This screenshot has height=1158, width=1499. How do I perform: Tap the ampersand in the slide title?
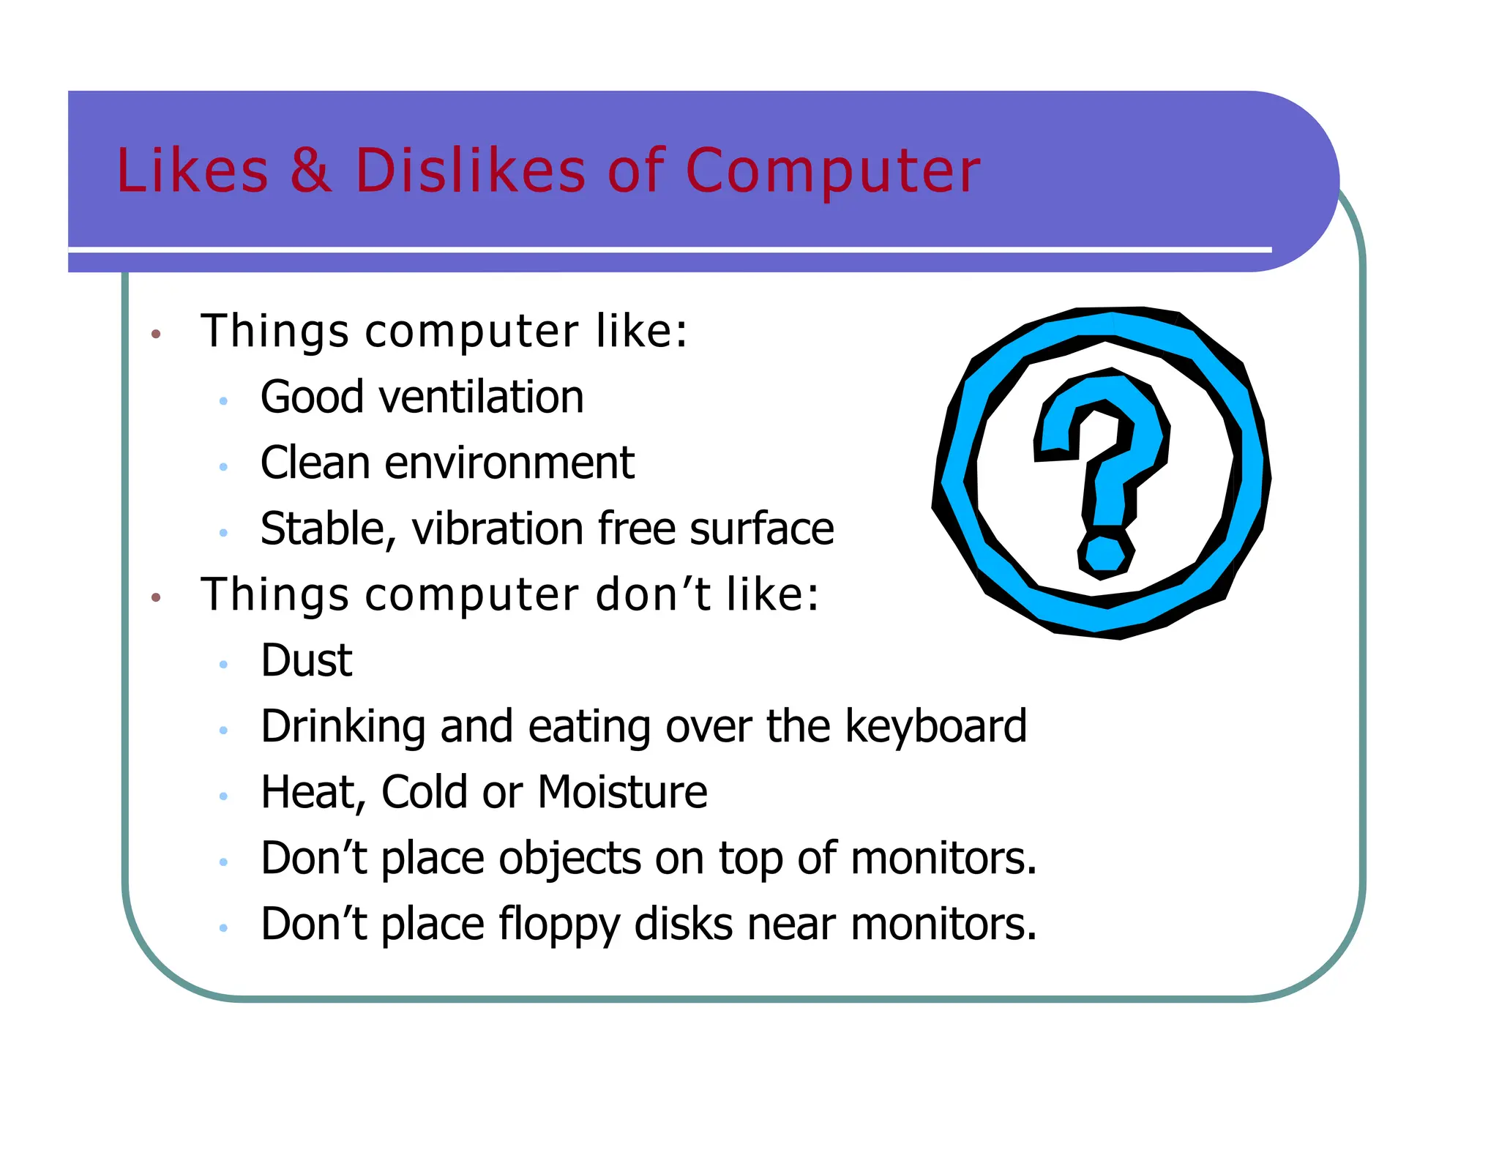click(310, 171)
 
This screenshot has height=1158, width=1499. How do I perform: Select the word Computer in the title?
click(832, 171)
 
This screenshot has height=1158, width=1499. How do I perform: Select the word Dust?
click(307, 660)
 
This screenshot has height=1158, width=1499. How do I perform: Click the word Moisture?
click(623, 792)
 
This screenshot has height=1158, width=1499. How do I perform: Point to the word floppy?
click(560, 925)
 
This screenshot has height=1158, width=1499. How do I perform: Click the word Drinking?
click(343, 727)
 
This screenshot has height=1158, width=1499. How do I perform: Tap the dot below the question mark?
click(1105, 554)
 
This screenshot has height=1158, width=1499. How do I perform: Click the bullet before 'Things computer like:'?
click(155, 335)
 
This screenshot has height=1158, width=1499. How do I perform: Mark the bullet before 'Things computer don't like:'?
click(155, 598)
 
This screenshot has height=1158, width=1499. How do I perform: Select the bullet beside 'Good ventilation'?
click(223, 401)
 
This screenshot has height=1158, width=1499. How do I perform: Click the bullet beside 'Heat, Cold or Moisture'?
click(223, 796)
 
